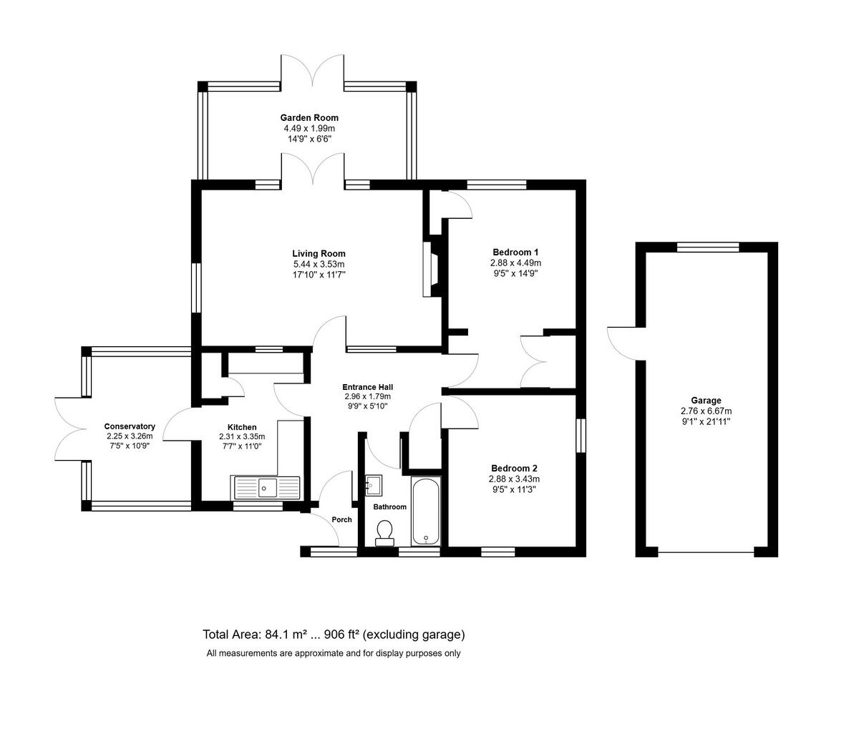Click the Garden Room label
[x=309, y=118]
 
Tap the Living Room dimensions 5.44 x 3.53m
[x=319, y=264]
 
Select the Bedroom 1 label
[x=515, y=252]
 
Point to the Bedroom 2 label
[x=514, y=469]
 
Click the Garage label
[x=706, y=401]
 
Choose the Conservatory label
[x=130, y=426]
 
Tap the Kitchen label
[x=242, y=427]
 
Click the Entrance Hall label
[x=368, y=387]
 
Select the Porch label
[x=341, y=519]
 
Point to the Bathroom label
[x=390, y=506]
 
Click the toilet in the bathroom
[x=385, y=534]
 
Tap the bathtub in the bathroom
[x=426, y=511]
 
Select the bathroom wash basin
[x=374, y=486]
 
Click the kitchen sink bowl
[x=267, y=488]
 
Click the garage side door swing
[x=621, y=343]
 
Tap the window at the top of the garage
[x=708, y=248]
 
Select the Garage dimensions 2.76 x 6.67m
[x=706, y=411]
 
